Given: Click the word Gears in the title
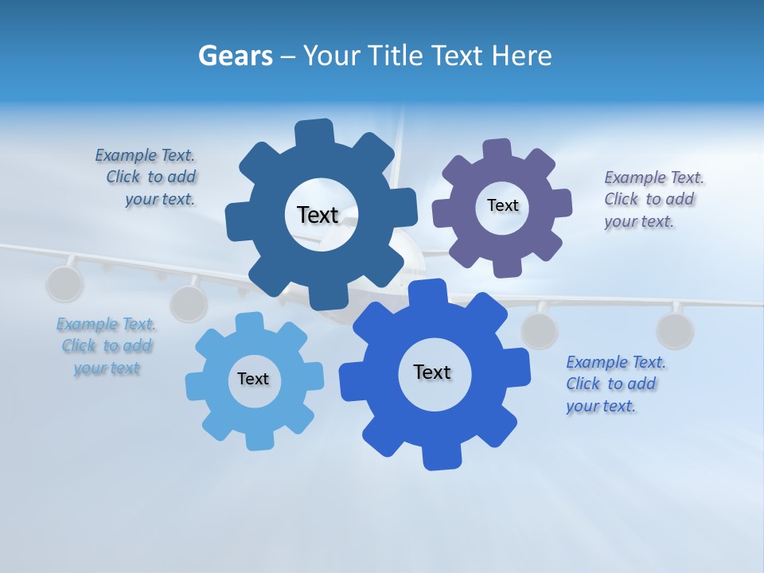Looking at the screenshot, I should [x=235, y=57].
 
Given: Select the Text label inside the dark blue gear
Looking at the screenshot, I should [x=318, y=215].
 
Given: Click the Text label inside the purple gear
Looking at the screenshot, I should [x=503, y=205].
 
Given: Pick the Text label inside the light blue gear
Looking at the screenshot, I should [x=253, y=379].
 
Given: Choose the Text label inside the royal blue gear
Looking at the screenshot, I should [x=432, y=372].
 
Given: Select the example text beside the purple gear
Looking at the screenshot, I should [x=653, y=199].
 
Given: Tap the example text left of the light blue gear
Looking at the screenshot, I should [x=107, y=346].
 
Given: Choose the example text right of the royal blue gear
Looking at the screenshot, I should [x=615, y=384].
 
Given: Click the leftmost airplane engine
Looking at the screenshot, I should [x=64, y=284].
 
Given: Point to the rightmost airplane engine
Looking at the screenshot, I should [x=675, y=330].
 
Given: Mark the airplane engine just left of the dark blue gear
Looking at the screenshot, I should [x=189, y=303].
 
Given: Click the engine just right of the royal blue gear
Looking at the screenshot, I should [x=540, y=330].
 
